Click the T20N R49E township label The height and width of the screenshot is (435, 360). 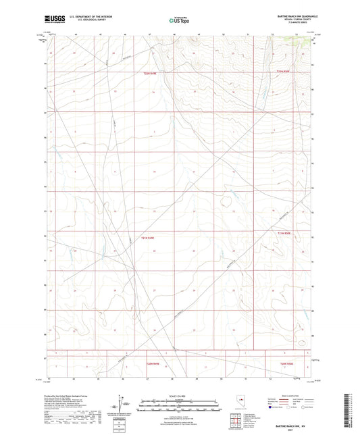153,364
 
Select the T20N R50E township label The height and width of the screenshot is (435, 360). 288,364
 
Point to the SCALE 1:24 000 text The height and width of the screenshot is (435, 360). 179,396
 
